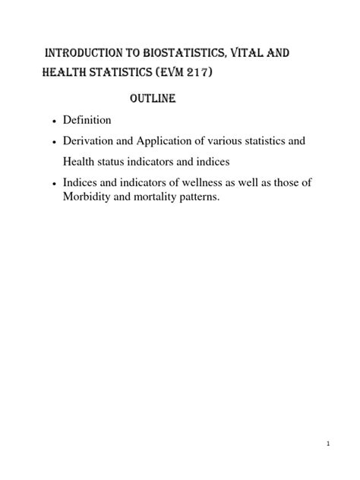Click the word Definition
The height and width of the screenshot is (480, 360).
click(89, 120)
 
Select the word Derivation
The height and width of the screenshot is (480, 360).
click(93, 141)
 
